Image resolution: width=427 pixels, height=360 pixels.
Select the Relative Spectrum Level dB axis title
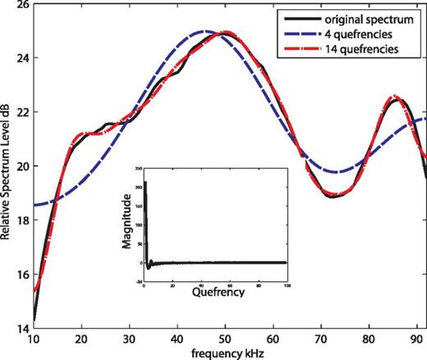[7, 168]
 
